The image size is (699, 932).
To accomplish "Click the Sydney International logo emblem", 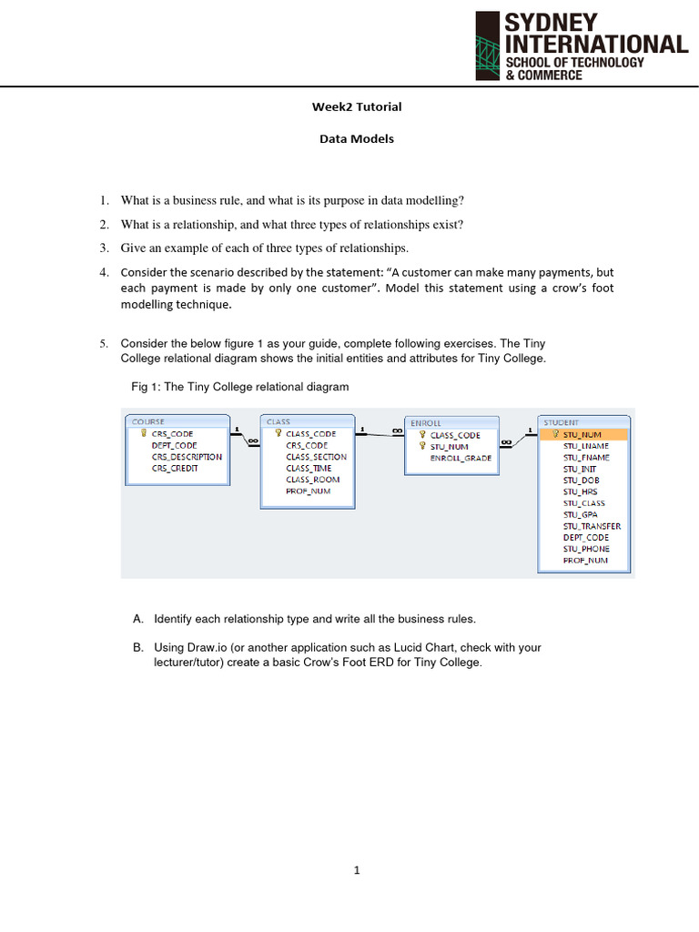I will pyautogui.click(x=488, y=45).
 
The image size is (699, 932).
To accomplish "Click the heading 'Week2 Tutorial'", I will pyautogui.click(x=356, y=106).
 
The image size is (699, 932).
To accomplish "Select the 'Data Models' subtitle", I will pyautogui.click(x=356, y=139).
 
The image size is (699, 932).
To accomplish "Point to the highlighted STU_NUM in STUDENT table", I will pyautogui.click(x=582, y=434).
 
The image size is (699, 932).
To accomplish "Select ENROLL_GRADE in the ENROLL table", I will pyautogui.click(x=461, y=458).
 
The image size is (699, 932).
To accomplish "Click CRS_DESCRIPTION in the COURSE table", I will pyautogui.click(x=187, y=457).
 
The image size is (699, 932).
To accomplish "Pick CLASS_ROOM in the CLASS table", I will pyautogui.click(x=312, y=480).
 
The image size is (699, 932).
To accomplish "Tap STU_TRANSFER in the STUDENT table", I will pyautogui.click(x=592, y=526).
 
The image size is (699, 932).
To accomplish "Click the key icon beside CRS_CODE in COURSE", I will pyautogui.click(x=144, y=434).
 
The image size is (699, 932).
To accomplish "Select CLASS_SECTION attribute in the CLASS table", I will pyautogui.click(x=316, y=457).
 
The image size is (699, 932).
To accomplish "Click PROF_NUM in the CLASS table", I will pyautogui.click(x=308, y=491).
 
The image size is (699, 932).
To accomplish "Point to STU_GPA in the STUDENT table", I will pyautogui.click(x=580, y=514).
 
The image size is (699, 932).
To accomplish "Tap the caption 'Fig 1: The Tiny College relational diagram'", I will pyautogui.click(x=240, y=387).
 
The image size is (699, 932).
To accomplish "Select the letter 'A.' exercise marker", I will pyautogui.click(x=137, y=619).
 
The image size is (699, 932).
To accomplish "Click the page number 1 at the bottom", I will pyautogui.click(x=357, y=871).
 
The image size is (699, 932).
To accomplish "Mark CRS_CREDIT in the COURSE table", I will pyautogui.click(x=175, y=469).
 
